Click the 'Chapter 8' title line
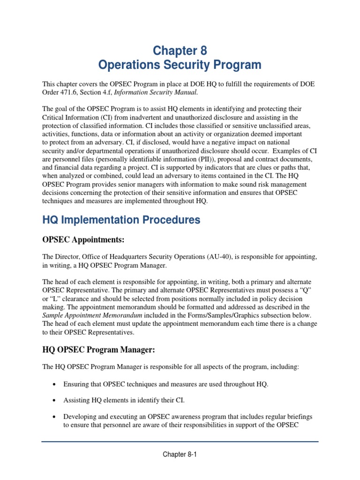[x=180, y=50]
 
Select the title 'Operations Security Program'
[x=180, y=65]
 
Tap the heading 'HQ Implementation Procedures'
[x=121, y=220]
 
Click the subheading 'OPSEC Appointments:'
[x=83, y=240]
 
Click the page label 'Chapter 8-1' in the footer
[x=180, y=454]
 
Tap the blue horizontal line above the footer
[x=180, y=441]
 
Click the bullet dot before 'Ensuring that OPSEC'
[x=55, y=384]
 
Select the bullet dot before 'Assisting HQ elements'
[x=55, y=401]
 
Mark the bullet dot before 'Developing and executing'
[x=55, y=417]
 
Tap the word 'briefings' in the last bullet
[x=299, y=417]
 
